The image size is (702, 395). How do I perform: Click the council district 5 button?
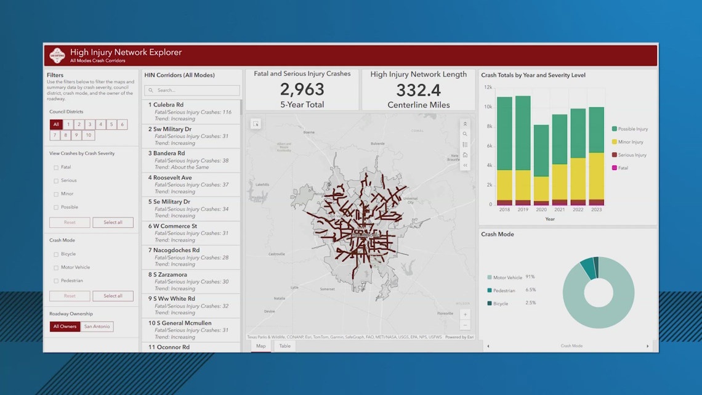[111, 124]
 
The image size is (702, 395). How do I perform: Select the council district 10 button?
[89, 135]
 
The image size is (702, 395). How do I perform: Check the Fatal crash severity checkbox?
[56, 167]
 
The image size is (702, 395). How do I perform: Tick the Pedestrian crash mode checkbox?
[56, 281]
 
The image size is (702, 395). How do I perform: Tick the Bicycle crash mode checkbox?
[56, 254]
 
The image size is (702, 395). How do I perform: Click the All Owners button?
[65, 327]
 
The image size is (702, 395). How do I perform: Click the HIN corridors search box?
[192, 91]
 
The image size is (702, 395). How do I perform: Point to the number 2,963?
[302, 89]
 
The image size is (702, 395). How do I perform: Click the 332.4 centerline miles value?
[418, 90]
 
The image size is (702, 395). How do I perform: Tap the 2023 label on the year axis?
[596, 210]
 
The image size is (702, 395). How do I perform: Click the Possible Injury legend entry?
[630, 129]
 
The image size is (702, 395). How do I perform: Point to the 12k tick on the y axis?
[488, 88]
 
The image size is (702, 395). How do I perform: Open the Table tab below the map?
[284, 346]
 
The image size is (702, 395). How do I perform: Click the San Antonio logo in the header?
[57, 55]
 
